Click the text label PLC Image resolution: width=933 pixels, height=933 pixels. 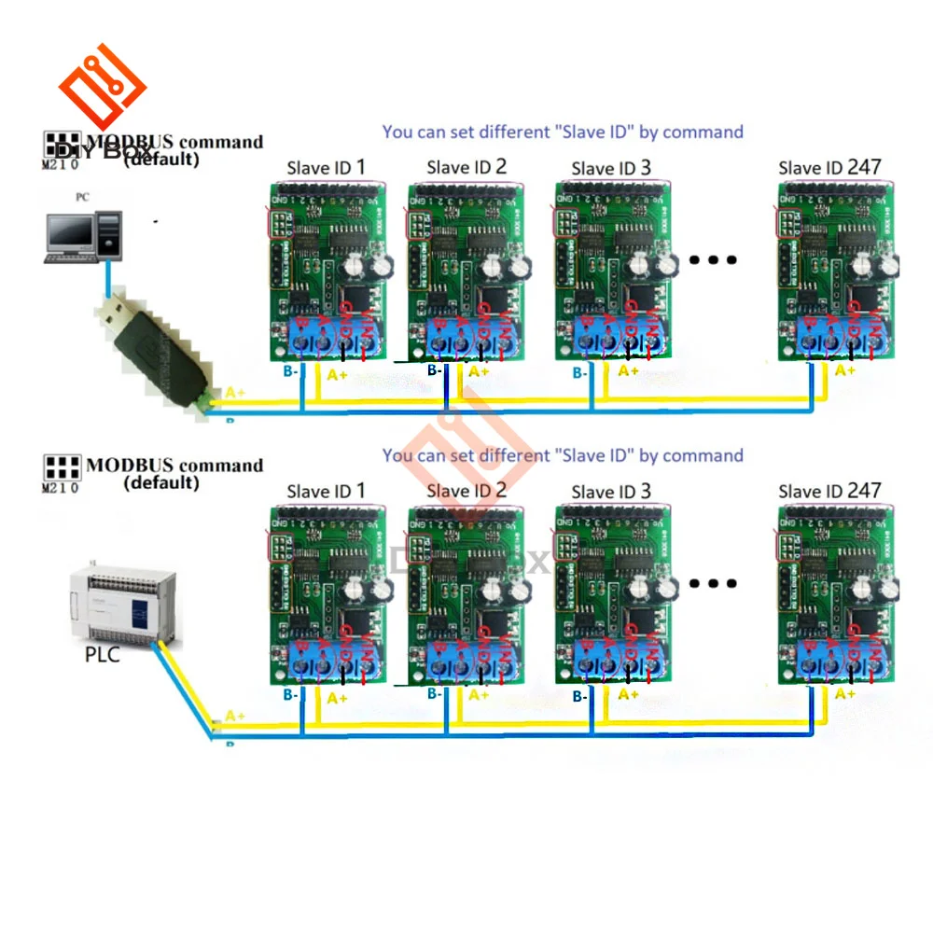tap(102, 654)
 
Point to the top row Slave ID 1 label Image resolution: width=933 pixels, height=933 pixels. tap(326, 168)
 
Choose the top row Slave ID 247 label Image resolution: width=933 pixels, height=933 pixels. tap(829, 168)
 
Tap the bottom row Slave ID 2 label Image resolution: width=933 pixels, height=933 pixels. tap(466, 491)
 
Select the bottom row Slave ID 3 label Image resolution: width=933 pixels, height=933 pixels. tap(611, 492)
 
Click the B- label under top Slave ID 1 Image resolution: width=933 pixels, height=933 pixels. tap(290, 371)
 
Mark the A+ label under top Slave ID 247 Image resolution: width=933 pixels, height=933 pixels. tap(844, 370)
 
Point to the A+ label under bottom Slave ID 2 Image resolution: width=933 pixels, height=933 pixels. tap(478, 694)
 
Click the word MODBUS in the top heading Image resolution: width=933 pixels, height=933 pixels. tap(130, 143)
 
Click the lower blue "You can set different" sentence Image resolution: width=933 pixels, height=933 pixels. tap(563, 455)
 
